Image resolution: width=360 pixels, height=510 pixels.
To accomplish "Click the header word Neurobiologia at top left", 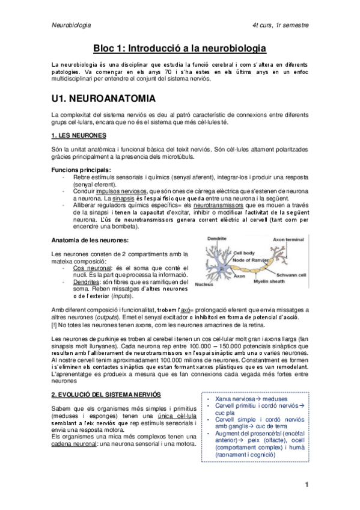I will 72,26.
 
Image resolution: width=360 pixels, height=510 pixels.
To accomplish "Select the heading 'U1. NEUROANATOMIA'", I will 103,98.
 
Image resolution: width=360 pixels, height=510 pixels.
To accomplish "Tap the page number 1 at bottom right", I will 307,485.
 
